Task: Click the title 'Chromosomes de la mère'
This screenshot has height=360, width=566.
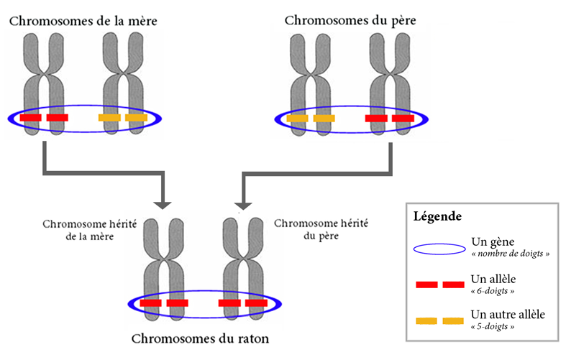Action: coord(83,20)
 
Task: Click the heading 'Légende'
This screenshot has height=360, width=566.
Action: coord(437,216)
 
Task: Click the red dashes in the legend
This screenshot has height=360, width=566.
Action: coord(439,285)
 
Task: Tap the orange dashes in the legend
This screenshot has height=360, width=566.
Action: coord(439,320)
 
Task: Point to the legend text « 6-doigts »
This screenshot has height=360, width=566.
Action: coord(493,290)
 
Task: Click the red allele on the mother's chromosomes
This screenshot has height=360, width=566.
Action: coord(45,117)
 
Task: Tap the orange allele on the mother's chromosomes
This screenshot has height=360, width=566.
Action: coord(123,117)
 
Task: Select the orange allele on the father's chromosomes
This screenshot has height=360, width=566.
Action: coord(311,118)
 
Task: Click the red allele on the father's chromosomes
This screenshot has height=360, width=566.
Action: coord(389,118)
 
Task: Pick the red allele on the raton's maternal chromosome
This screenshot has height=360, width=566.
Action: coord(164,303)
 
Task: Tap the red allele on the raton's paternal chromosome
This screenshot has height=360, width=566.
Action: coord(242,303)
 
